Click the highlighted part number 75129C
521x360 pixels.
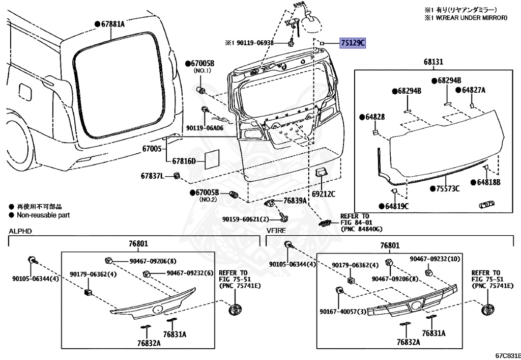pos(353,43)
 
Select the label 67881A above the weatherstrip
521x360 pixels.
pos(112,23)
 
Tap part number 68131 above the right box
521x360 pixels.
pos(433,62)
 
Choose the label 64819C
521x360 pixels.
pos(396,206)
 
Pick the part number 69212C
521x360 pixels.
pos(323,194)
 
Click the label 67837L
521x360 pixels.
pos(153,176)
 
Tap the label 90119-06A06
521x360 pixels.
pos(205,128)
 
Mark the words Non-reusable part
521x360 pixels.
pos(43,215)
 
